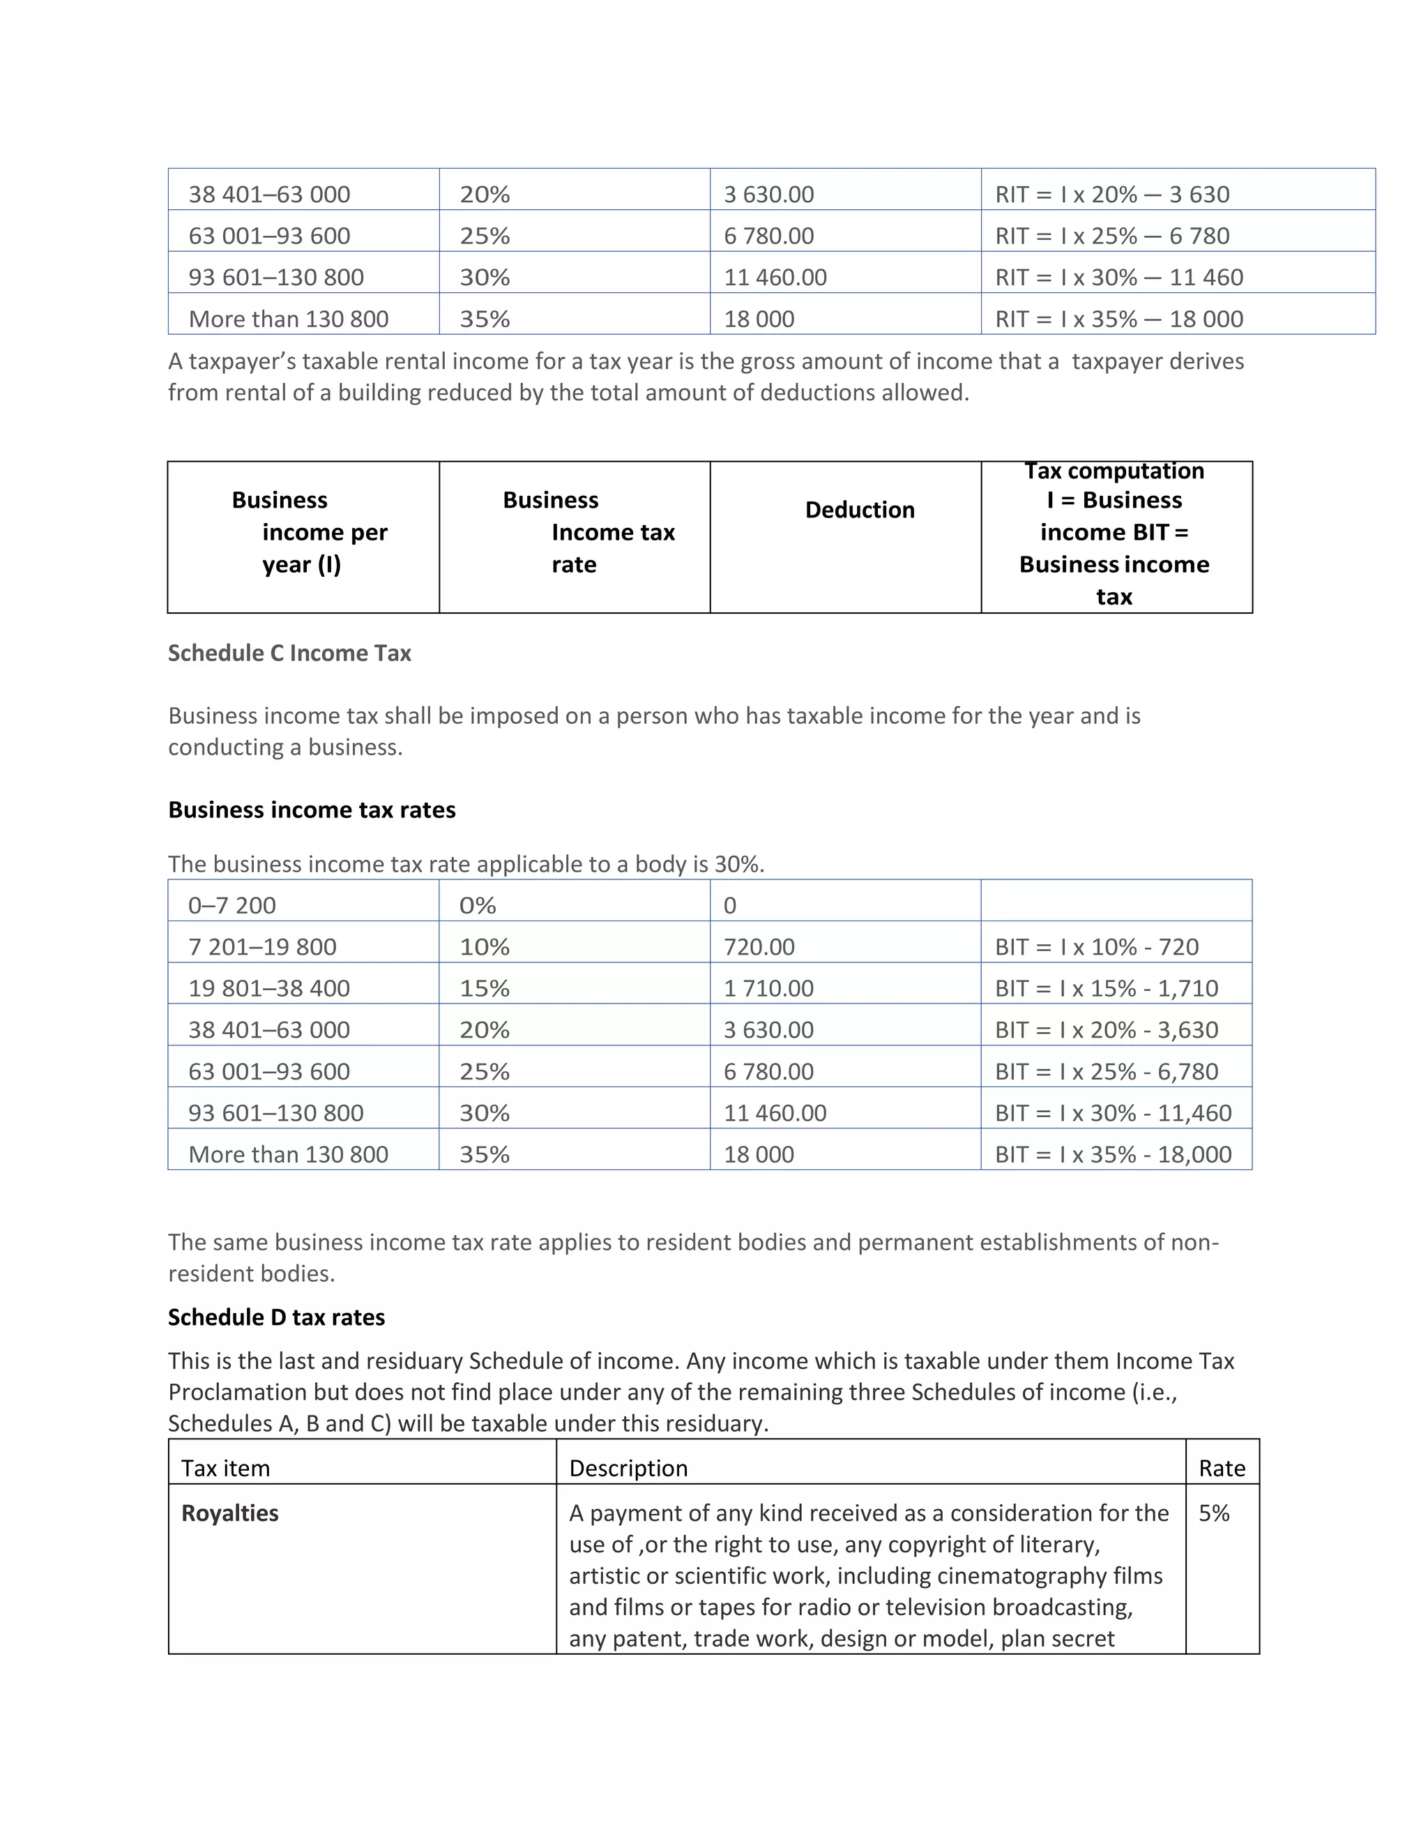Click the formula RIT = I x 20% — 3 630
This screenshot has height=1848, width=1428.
coord(1111,195)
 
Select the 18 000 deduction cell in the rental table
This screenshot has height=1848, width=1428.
coord(759,319)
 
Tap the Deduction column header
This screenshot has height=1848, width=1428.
coord(860,510)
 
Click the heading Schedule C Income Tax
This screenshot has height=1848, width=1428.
coord(289,653)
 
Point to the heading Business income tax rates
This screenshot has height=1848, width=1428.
coord(311,810)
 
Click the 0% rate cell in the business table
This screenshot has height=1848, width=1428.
coord(477,905)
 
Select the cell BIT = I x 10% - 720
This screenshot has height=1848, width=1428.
coord(1096,947)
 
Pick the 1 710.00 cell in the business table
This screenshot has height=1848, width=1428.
coord(768,988)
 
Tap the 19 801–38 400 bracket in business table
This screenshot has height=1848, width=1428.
coord(269,988)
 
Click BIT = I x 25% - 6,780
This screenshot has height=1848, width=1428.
coord(1107,1071)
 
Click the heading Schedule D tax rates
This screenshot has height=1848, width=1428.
coord(276,1317)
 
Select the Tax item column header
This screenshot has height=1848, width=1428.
coord(226,1468)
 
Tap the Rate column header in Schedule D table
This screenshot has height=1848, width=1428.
coord(1222,1468)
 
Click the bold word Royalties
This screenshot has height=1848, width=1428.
coord(230,1513)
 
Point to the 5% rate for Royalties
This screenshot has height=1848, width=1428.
coord(1214,1513)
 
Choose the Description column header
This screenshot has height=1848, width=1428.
coord(628,1468)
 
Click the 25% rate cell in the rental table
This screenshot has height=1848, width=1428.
coord(485,236)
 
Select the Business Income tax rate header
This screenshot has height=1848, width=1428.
coord(588,532)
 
